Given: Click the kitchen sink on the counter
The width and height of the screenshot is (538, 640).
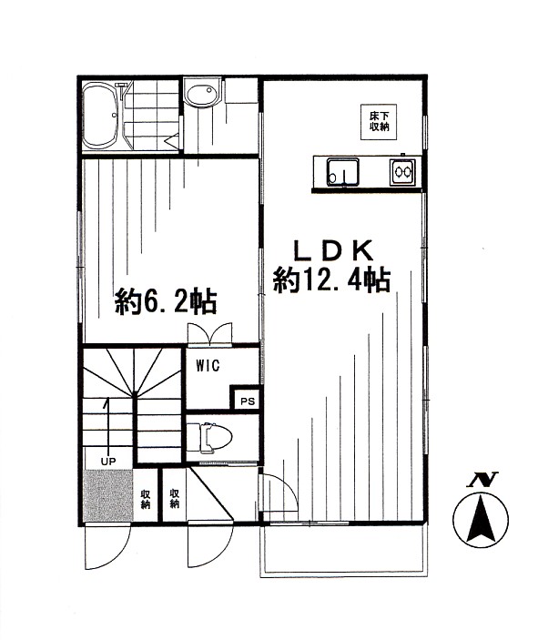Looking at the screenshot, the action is (x=343, y=172).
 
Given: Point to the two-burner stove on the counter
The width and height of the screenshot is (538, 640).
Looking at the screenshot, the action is (x=403, y=172).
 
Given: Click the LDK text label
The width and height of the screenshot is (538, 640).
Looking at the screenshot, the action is (x=333, y=250).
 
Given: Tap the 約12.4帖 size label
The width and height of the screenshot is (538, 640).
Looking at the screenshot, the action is (x=331, y=280).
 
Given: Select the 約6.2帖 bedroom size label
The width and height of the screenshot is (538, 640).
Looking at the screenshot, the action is (x=166, y=301).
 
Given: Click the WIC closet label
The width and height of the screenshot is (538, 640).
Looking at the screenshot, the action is (x=208, y=365).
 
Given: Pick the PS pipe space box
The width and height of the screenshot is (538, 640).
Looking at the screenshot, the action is (x=246, y=399).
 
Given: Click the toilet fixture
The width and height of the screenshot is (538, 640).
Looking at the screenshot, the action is (x=209, y=438).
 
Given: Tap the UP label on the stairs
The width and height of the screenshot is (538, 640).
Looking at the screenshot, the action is (x=108, y=462).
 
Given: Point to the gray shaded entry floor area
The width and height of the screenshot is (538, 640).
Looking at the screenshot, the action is (x=108, y=495).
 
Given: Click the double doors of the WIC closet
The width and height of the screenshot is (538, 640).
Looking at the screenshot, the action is (x=209, y=334).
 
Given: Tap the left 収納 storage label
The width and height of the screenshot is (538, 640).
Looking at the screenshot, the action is (x=146, y=499).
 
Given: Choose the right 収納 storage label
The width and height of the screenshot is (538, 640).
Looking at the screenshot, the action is (x=174, y=498).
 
